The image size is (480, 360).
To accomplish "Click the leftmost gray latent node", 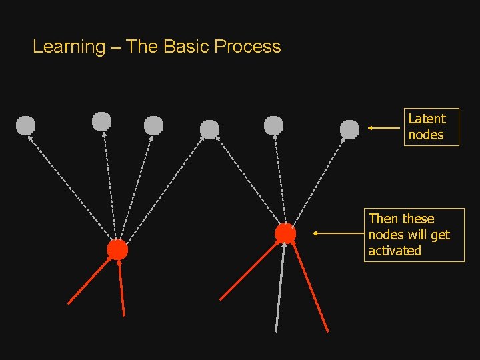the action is (25, 125).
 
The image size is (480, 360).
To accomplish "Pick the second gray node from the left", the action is (101, 121).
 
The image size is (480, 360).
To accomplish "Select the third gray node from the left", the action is (153, 125).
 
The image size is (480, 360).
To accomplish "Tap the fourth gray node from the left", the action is (209, 129).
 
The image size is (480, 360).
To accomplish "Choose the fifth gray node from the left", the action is (273, 125).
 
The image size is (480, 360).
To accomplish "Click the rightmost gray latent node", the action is (349, 129).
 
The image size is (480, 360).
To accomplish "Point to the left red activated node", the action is (117, 250).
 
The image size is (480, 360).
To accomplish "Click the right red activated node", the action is (285, 233).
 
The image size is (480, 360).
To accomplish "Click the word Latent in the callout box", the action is (427, 119).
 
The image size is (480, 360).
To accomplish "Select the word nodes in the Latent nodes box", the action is (426, 135).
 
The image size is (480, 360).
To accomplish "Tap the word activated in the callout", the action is (395, 251).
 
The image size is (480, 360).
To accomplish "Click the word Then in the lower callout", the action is (383, 219).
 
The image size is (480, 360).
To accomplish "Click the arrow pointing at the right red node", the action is (337, 234).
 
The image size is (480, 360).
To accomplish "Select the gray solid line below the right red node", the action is (280, 287).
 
